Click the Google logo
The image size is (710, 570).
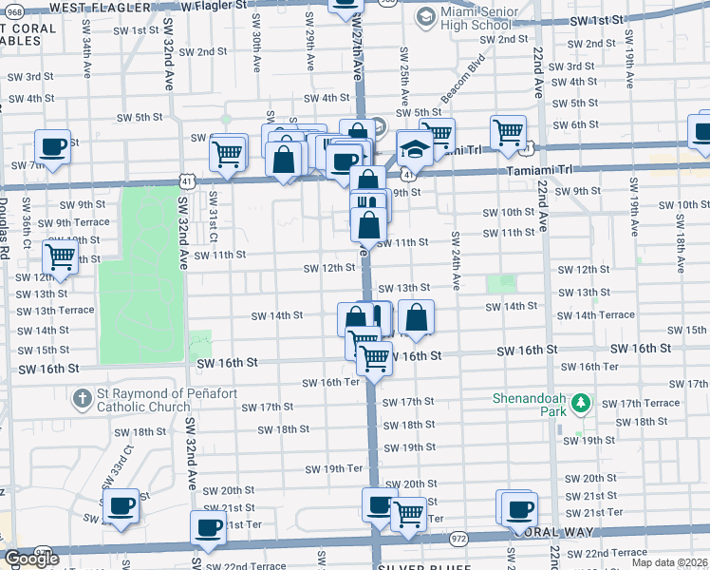click(31, 560)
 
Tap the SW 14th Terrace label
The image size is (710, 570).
click(595, 315)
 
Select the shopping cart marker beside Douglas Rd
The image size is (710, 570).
click(60, 256)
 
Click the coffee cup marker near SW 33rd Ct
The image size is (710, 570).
click(121, 506)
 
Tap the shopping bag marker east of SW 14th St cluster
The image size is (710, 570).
click(416, 317)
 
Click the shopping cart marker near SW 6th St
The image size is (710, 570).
click(509, 132)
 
